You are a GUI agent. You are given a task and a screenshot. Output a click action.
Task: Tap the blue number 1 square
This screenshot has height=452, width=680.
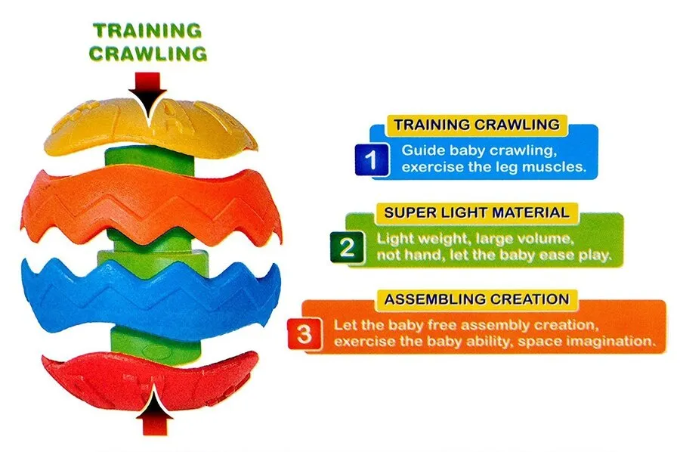click(372, 159)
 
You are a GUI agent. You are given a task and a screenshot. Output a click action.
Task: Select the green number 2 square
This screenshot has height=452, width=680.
click(347, 247)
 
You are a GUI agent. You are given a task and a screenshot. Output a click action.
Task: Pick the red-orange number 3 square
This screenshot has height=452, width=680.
click(304, 334)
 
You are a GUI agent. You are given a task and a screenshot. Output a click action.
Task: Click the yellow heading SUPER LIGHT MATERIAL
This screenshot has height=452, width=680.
click(477, 212)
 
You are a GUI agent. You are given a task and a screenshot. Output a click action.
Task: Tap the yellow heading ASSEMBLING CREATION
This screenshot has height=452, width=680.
click(477, 299)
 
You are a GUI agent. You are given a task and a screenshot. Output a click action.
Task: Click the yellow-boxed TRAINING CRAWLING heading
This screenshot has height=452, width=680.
click(477, 125)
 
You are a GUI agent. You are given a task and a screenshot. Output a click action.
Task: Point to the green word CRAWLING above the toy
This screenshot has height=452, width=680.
click(148, 54)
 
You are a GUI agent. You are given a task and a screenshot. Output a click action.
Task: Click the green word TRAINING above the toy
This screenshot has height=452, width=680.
click(147, 30)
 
